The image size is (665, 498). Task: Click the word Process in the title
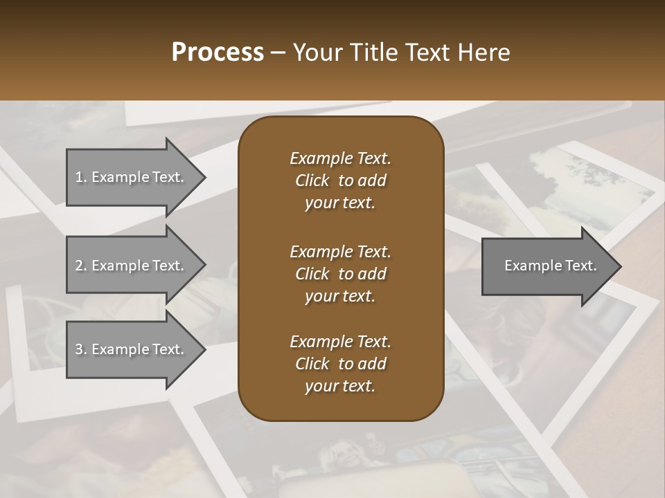[x=218, y=53]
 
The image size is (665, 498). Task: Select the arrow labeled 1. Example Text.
[x=132, y=177]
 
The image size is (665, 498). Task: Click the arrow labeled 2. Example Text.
[x=132, y=266]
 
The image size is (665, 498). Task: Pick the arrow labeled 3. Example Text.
[x=132, y=349]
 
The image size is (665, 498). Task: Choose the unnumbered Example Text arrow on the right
[x=547, y=266]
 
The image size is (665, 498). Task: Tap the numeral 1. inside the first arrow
[x=81, y=177]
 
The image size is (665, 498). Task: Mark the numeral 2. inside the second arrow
[x=81, y=266]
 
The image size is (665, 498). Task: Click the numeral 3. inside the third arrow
[x=81, y=349]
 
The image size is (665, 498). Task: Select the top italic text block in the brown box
[x=340, y=181]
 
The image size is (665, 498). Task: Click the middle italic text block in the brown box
[x=340, y=273]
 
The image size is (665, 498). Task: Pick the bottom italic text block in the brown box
[x=340, y=364]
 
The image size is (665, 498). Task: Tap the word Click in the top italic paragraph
[x=312, y=181]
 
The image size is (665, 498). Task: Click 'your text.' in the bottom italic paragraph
[x=340, y=386]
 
